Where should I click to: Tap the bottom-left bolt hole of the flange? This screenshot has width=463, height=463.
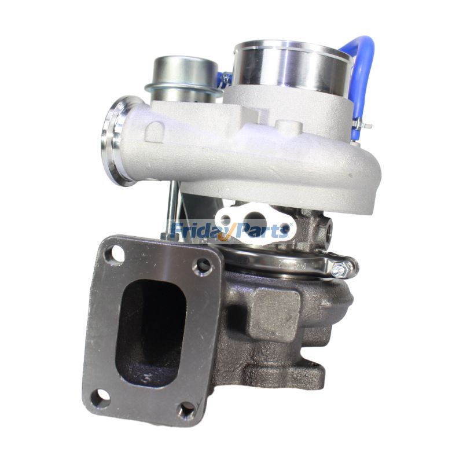click(101, 396)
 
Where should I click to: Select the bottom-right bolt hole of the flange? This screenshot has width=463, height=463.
click(186, 411)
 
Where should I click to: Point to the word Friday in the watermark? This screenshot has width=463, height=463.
click(200, 231)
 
